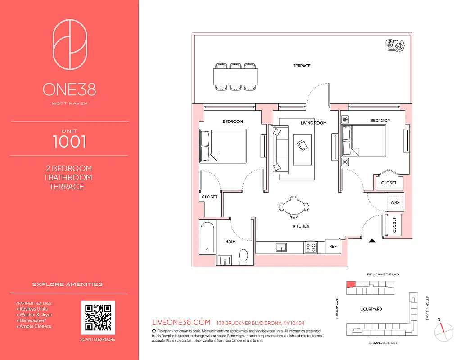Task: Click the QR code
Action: pos(98,317)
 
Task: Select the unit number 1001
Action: pos(69,141)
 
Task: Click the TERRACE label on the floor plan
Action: pos(302,66)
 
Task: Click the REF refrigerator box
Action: pos(333,247)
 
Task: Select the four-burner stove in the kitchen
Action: pos(310,247)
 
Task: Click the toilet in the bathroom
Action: pos(243,255)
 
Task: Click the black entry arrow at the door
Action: pos(372,242)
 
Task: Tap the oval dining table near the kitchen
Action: pos(294,207)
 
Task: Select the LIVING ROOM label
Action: pos(313,123)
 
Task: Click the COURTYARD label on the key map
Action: pos(371,309)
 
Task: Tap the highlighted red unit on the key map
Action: pos(350,284)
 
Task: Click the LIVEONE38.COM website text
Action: pos(181,323)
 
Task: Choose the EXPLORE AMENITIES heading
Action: pos(68,284)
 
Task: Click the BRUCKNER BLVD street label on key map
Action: pos(383,274)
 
